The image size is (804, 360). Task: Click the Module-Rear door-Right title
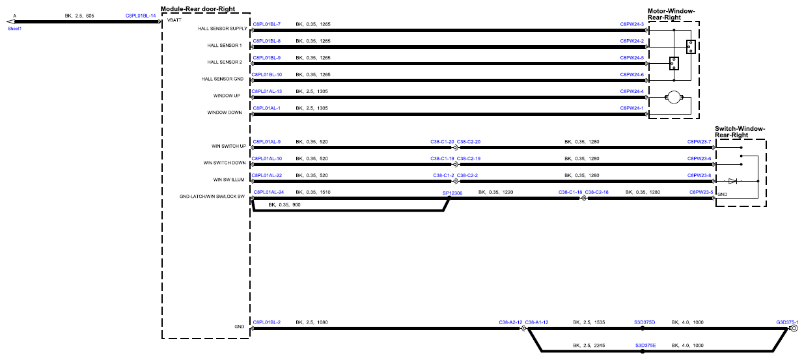pyautogui.click(x=198, y=9)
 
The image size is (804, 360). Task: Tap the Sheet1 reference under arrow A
pyautogui.click(x=15, y=29)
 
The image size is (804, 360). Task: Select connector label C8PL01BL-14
pyautogui.click(x=141, y=16)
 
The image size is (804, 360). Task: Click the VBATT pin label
pyautogui.click(x=174, y=20)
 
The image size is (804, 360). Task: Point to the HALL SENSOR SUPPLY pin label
pyautogui.click(x=223, y=29)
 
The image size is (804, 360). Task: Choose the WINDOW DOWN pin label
pyautogui.click(x=225, y=113)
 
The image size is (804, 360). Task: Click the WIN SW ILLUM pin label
pyautogui.click(x=229, y=180)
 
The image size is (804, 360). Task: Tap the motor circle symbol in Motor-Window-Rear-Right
pyautogui.click(x=674, y=97)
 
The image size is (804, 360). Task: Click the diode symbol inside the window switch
pyautogui.click(x=732, y=181)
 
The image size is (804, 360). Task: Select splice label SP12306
pyautogui.click(x=452, y=193)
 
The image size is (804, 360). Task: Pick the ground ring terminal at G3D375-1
pyautogui.click(x=795, y=328)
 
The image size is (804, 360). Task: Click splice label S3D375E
pyautogui.click(x=645, y=345)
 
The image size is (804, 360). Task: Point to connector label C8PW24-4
pyautogui.click(x=632, y=91)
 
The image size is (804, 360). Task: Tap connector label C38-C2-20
pyautogui.click(x=468, y=142)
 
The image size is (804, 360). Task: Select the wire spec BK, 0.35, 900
pyautogui.click(x=284, y=204)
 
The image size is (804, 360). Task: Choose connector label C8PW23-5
pyautogui.click(x=701, y=192)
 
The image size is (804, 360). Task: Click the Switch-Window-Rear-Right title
pyautogui.click(x=740, y=132)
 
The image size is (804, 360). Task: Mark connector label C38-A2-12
pyautogui.click(x=510, y=322)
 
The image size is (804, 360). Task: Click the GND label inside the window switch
pyautogui.click(x=722, y=194)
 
